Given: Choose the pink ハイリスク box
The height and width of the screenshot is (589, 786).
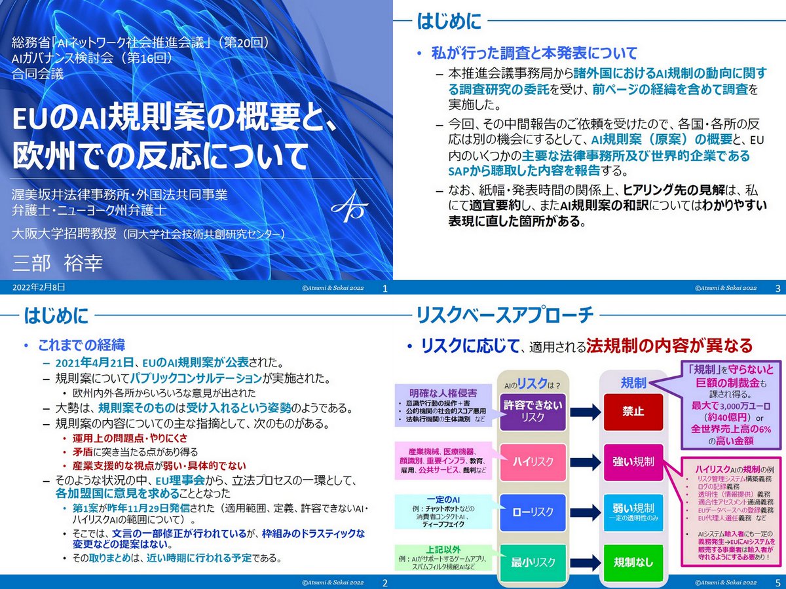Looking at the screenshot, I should pos(533,462).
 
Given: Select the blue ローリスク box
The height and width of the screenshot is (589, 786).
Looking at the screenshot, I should pos(533,512).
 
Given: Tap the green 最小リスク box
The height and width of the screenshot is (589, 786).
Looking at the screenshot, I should pos(533,562).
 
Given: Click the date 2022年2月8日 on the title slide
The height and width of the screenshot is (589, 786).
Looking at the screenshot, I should pos(39,287).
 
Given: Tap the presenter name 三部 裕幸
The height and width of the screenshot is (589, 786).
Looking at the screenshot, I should pos(58,263).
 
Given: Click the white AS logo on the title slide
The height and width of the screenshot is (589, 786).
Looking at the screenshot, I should pos(350,205).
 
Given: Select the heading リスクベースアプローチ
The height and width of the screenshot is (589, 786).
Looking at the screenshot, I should pos(505,315).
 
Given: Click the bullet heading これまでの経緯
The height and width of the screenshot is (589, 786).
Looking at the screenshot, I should pos(81,344).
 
